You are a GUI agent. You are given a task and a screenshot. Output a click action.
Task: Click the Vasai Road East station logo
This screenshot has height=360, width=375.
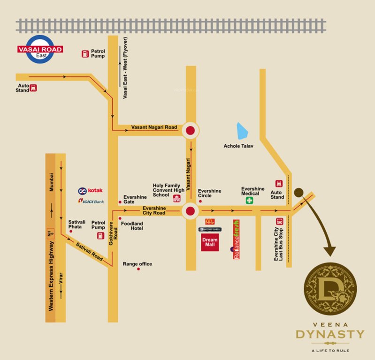coord(40,49)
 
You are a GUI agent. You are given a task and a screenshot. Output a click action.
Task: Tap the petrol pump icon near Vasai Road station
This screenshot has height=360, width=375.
coord(85,54)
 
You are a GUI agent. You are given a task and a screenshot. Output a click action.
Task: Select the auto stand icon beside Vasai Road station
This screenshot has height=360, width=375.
coord(33,87)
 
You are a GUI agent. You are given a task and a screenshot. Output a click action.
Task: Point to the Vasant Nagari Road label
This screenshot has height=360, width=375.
coord(154,127)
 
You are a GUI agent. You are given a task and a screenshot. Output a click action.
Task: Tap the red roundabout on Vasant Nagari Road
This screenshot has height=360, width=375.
coord(190,131)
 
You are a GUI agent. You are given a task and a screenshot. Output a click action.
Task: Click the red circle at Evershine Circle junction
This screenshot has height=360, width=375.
coord(190,211)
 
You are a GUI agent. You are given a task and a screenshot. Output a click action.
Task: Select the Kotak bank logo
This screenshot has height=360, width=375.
coord(90,191)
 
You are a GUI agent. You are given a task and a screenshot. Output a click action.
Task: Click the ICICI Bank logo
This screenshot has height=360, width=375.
coord(91,201)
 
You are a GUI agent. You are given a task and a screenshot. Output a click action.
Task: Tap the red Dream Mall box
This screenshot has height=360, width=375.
coord(210,243)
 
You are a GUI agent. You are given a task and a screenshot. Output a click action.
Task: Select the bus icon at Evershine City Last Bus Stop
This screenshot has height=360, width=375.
coord(280,221)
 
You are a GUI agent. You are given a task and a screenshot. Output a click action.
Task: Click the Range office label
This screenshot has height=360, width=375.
coord(137,264)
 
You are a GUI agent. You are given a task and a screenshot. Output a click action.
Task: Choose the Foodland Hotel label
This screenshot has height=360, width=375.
coord(132,226)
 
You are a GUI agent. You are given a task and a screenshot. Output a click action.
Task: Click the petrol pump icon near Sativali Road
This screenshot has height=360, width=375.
coord(100,236)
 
